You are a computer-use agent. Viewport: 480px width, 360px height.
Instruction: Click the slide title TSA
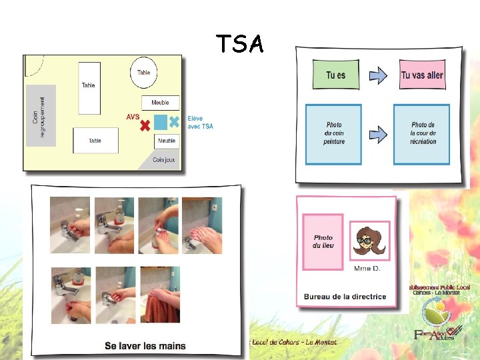pyautogui.click(x=239, y=44)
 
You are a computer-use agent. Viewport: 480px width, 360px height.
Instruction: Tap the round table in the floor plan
pyautogui.click(x=144, y=73)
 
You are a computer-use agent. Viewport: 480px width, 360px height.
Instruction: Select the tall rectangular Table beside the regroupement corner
pyautogui.click(x=89, y=87)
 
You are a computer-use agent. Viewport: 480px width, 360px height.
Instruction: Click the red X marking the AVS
pyautogui.click(x=145, y=124)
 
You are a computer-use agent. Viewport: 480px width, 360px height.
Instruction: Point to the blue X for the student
pyautogui.click(x=174, y=122)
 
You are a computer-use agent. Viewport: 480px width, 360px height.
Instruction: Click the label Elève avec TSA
pyautogui.click(x=201, y=122)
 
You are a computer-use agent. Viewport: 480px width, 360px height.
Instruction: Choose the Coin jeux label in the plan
pyautogui.click(x=165, y=160)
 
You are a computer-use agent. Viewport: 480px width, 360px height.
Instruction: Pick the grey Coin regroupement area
pyautogui.click(x=40, y=116)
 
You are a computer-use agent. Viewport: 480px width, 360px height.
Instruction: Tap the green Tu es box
pyautogui.click(x=335, y=75)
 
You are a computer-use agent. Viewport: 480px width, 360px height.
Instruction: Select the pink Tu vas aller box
pyautogui.click(x=421, y=75)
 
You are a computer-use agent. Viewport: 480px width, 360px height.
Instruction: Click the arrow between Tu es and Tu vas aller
pyautogui.click(x=378, y=75)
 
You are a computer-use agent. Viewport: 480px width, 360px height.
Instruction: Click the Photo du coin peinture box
pyautogui.click(x=333, y=134)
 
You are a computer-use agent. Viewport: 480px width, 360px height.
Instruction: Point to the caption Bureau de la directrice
pyautogui.click(x=345, y=297)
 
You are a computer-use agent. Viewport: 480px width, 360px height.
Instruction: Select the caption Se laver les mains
pyautogui.click(x=145, y=346)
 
